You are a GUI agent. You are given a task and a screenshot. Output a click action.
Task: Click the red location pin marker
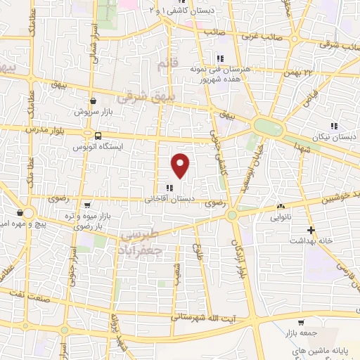181,165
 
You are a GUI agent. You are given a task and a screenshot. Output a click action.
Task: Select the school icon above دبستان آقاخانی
169,187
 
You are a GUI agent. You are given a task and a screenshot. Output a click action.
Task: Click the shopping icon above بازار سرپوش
94,101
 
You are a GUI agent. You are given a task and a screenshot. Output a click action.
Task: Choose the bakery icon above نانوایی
281,207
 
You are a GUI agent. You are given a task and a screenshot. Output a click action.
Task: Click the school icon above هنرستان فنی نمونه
220,58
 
